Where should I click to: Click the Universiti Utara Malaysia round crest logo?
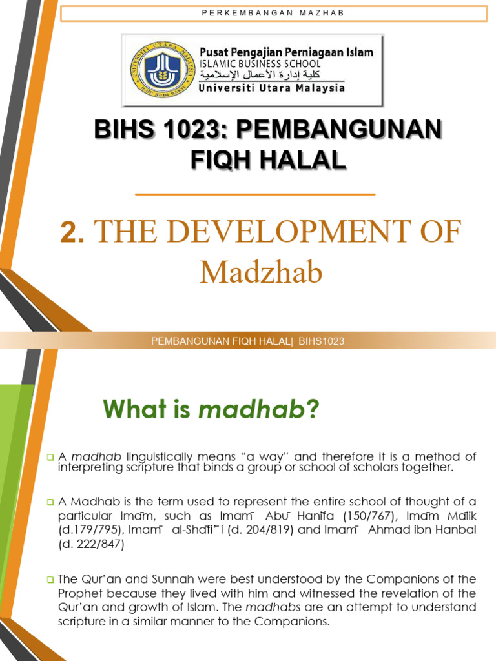pyautogui.click(x=156, y=69)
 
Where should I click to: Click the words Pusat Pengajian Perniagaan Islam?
pyautogui.click(x=285, y=52)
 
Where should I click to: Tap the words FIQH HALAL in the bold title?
pyautogui.click(x=268, y=159)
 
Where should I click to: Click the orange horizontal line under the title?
pyautogui.click(x=255, y=194)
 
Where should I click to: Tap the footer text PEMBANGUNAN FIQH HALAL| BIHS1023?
pyautogui.click(x=247, y=341)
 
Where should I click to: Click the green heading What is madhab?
pyautogui.click(x=211, y=409)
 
